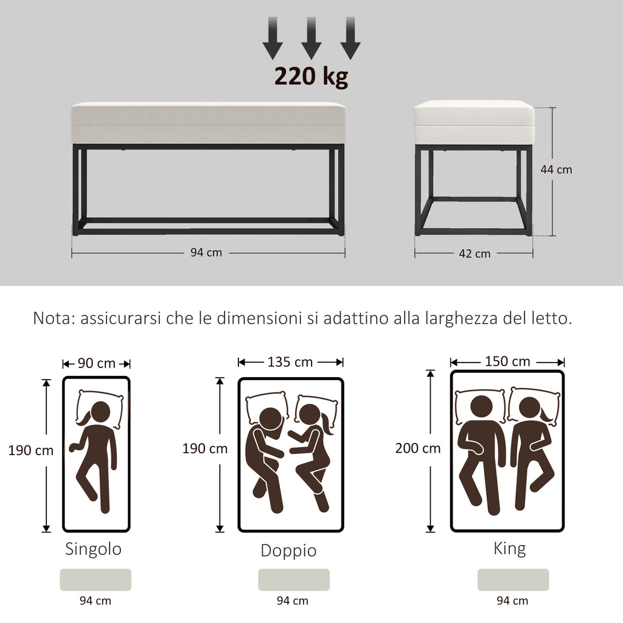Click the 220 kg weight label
(311, 76)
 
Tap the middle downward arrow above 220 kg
(311, 38)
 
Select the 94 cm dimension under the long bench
(206, 253)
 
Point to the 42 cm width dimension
(474, 254)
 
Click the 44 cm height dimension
(556, 170)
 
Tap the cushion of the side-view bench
(474, 122)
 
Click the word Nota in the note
(53, 318)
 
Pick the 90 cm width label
(97, 364)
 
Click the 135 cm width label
(290, 362)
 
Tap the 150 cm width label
(507, 361)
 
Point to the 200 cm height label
(417, 448)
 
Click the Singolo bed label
(93, 549)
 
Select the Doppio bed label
(288, 551)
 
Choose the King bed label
(509, 549)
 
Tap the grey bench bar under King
(513, 580)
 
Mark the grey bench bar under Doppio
(294, 580)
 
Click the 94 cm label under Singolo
(96, 601)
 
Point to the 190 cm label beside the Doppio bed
(205, 449)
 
